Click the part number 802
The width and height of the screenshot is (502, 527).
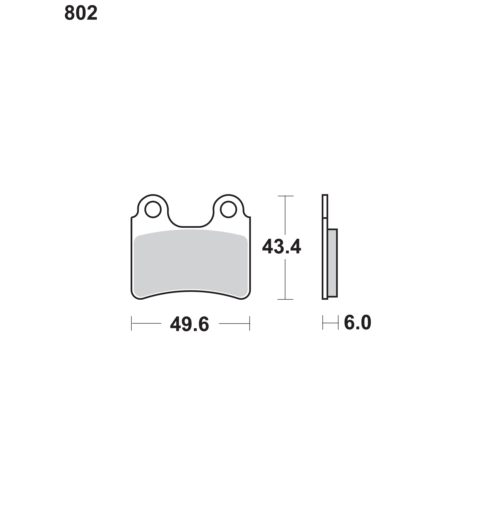(81, 13)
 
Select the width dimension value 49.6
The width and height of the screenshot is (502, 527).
(190, 324)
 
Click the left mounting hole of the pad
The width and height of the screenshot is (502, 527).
(153, 209)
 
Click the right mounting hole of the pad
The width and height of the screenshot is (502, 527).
(228, 209)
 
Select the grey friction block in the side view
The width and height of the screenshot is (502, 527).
(332, 263)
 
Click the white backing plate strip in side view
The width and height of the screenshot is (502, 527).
(325, 247)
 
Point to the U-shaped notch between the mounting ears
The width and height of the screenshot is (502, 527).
(191, 227)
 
